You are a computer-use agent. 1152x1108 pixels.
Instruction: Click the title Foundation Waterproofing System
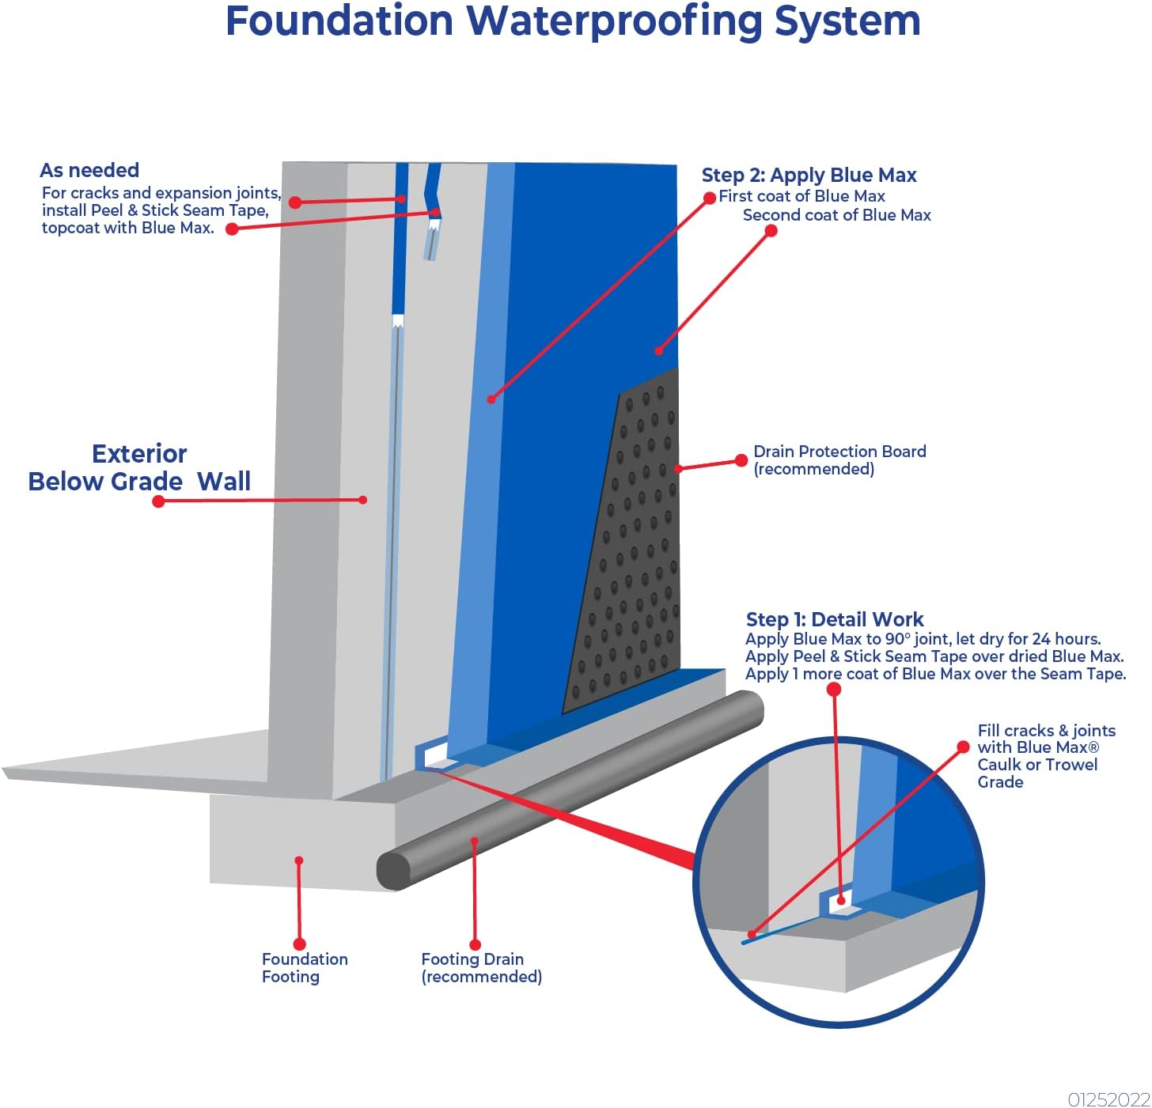pyautogui.click(x=573, y=21)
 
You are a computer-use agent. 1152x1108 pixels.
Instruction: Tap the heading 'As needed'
pyautogui.click(x=89, y=170)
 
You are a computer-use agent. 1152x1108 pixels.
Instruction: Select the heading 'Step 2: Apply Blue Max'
pyautogui.click(x=809, y=175)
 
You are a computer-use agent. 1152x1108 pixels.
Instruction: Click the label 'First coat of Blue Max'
pyautogui.click(x=801, y=196)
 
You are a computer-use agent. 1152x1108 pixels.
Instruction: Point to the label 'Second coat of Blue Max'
pyautogui.click(x=836, y=215)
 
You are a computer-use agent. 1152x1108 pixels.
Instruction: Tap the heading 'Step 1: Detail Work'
pyautogui.click(x=835, y=619)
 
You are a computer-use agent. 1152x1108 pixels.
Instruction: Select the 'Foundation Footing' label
pyautogui.click(x=305, y=967)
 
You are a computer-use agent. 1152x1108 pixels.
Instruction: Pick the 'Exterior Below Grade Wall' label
pyautogui.click(x=139, y=467)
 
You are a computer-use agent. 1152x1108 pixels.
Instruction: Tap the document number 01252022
pyautogui.click(x=1108, y=1099)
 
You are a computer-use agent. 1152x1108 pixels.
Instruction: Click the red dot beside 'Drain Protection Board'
pyautogui.click(x=741, y=460)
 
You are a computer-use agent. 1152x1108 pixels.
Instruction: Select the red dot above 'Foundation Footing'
pyautogui.click(x=300, y=944)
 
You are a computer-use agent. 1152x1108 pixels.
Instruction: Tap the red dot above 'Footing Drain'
pyautogui.click(x=475, y=944)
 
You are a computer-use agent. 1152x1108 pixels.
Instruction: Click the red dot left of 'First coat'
pyautogui.click(x=710, y=198)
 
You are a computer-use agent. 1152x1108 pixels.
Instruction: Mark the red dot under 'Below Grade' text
pyautogui.click(x=158, y=501)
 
